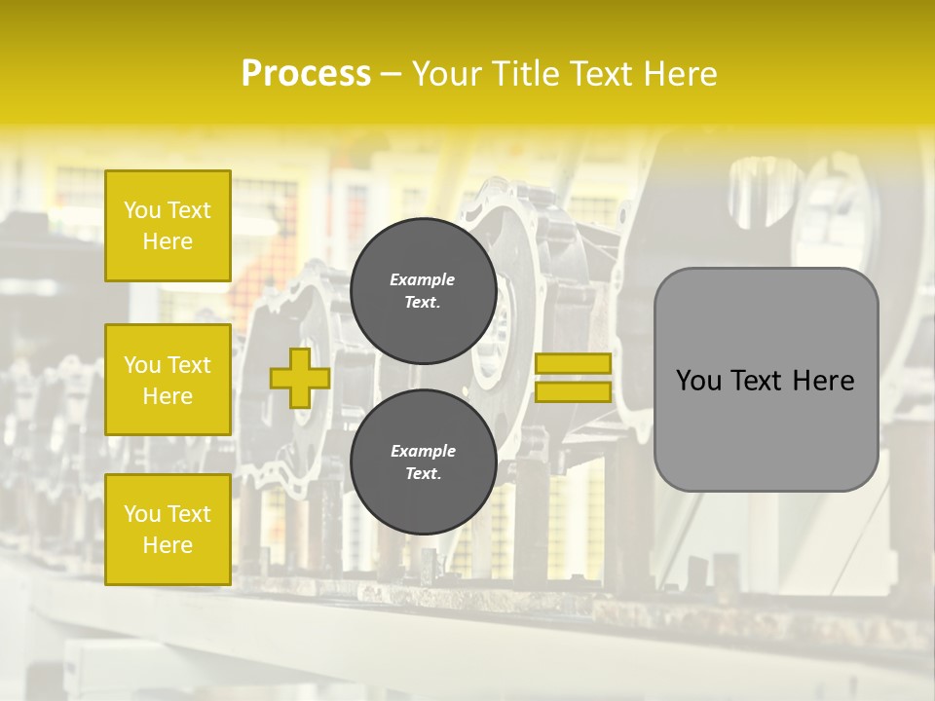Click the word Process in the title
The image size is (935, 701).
pos(306,74)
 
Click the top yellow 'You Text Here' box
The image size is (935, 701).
pos(168,226)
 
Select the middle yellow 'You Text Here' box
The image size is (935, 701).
pos(168,380)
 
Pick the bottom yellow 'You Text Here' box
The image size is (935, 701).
pos(168,529)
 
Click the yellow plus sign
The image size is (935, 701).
pos(300,378)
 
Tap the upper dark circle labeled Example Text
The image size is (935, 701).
pos(423,290)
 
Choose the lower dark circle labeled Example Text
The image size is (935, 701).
pos(423,461)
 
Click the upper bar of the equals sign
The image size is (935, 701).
pos(573,363)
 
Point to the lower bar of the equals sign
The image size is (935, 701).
pos(573,391)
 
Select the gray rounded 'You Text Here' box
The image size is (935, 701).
pos(766,380)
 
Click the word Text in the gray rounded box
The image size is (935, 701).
pos(763,381)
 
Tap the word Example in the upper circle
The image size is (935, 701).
pos(423,279)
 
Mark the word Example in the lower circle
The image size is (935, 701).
pos(423,451)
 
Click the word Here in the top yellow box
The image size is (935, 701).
pos(168,241)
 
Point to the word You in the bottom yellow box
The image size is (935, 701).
pos(141,513)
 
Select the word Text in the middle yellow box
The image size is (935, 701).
pos(188,365)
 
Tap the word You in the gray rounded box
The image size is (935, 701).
pos(698,381)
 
